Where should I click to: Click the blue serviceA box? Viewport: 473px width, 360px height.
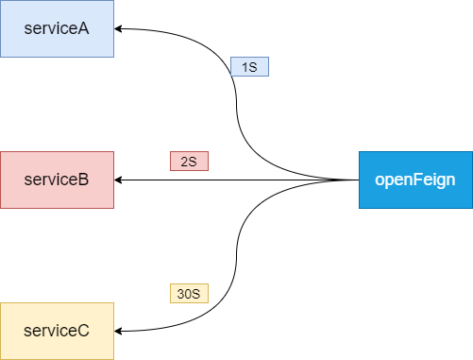click(57, 28)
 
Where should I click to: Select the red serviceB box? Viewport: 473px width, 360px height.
click(57, 180)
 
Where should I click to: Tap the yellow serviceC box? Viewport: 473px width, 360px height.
click(57, 331)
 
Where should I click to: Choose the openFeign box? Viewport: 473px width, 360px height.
click(415, 180)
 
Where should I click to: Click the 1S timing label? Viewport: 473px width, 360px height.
click(249, 67)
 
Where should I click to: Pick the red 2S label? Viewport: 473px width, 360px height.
click(188, 162)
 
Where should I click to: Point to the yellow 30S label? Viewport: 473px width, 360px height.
click(188, 294)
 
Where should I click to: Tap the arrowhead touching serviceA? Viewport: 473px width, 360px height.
click(120, 28)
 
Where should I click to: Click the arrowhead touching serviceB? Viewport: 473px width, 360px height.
click(120, 180)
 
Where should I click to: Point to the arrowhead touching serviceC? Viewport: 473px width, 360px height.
click(120, 331)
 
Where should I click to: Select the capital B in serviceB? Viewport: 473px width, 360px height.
click(83, 180)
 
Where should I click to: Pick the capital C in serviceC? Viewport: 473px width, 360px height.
click(83, 331)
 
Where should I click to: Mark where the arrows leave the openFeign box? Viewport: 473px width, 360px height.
click(358, 180)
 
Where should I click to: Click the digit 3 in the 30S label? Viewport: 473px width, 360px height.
click(180, 294)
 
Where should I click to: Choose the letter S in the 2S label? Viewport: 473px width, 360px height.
click(193, 162)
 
